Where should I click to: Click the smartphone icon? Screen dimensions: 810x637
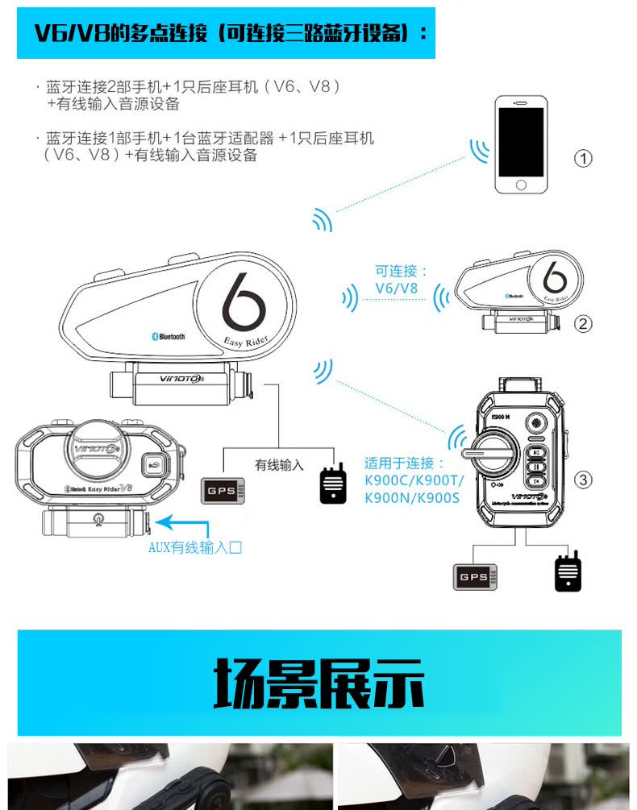pos(521,144)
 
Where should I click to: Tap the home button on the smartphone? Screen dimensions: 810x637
pos(521,185)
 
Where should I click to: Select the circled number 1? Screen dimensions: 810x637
pos(583,158)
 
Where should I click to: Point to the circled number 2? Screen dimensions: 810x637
pos(583,324)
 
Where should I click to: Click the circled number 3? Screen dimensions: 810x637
pos(583,480)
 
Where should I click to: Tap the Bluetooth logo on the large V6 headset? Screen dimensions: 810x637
pos(169,336)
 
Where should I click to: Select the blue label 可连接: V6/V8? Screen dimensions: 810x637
pos(401,280)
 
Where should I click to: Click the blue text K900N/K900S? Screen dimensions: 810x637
pos(411,498)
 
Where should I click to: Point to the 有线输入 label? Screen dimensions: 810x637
pos(279,465)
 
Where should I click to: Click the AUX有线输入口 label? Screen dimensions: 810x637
pos(195,548)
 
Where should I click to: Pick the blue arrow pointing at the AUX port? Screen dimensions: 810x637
pos(181,525)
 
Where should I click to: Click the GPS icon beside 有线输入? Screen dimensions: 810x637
pos(223,491)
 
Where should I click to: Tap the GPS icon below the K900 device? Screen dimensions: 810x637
pos(474,577)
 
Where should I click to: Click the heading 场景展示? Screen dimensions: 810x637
pos(318,683)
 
